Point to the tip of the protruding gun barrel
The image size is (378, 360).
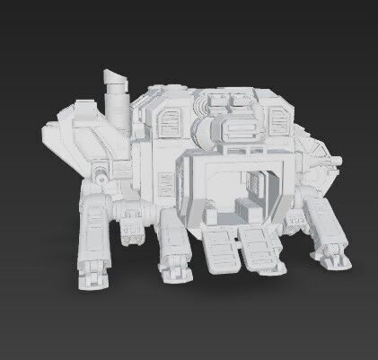pyautogui.click(x=340, y=159)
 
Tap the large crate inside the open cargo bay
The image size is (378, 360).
pyautogui.click(x=242, y=212)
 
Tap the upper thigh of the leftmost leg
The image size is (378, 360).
pyautogui.click(x=93, y=219)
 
